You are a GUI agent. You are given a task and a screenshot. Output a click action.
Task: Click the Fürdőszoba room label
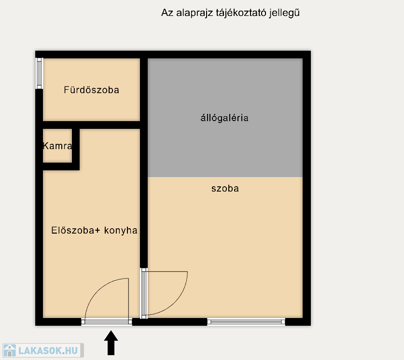click(x=91, y=90)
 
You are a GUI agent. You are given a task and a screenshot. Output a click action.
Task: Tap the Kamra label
click(x=57, y=146)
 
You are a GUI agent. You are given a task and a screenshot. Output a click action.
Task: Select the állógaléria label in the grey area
click(x=224, y=118)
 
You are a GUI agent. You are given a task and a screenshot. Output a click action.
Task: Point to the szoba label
click(x=225, y=189)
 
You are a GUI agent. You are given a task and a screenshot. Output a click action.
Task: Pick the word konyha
click(x=121, y=231)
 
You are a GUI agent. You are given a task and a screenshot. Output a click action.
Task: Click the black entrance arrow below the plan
click(x=111, y=343)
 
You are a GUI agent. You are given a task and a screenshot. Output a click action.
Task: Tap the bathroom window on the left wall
click(x=39, y=73)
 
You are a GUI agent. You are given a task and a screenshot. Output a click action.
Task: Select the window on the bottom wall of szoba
click(x=246, y=322)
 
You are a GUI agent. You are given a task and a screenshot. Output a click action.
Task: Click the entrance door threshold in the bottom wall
click(x=107, y=321)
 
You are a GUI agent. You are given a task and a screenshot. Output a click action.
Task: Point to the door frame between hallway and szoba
click(x=144, y=293)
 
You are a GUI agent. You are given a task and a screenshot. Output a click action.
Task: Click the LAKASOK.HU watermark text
click(x=48, y=351)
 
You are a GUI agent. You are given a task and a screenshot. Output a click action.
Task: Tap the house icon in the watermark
click(x=10, y=350)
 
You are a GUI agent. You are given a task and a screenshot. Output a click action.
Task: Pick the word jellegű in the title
click(x=284, y=13)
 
